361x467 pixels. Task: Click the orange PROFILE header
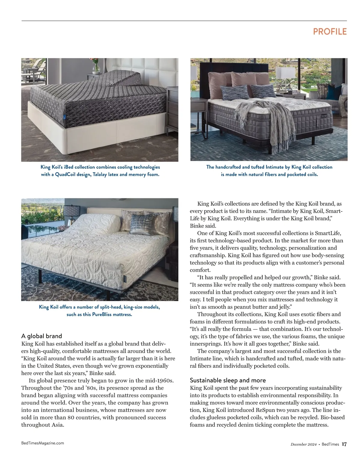(x=330, y=32)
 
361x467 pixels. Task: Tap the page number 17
(x=344, y=444)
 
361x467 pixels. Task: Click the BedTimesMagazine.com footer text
(x=42, y=443)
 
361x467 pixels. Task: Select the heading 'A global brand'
(x=42, y=336)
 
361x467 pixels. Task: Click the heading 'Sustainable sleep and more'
(x=228, y=380)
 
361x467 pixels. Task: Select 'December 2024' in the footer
(x=304, y=444)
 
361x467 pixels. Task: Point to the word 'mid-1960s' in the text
(x=160, y=380)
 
